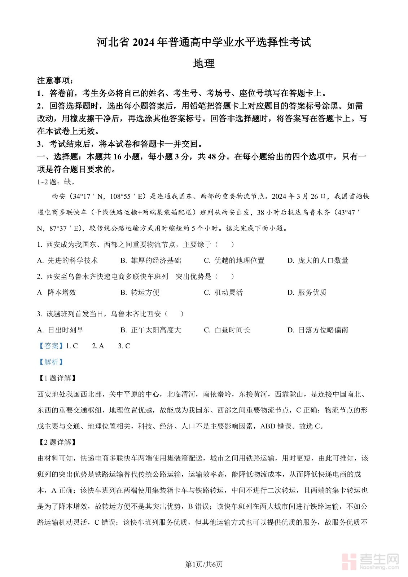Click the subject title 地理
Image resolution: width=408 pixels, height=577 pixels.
(x=204, y=63)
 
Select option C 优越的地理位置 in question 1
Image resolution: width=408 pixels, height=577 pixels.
(x=234, y=260)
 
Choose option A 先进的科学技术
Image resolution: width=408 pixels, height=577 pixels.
(x=68, y=260)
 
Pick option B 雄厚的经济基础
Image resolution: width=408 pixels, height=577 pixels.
(x=151, y=260)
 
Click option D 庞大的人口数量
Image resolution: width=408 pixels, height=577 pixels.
(x=318, y=260)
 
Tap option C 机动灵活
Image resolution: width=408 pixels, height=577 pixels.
(x=223, y=292)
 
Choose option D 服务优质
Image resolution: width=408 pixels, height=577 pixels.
(x=307, y=292)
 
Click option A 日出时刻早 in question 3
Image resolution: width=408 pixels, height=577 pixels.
(x=61, y=330)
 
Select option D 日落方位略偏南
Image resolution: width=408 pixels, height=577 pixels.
(x=318, y=330)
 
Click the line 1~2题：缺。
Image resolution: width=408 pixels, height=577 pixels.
(x=56, y=182)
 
